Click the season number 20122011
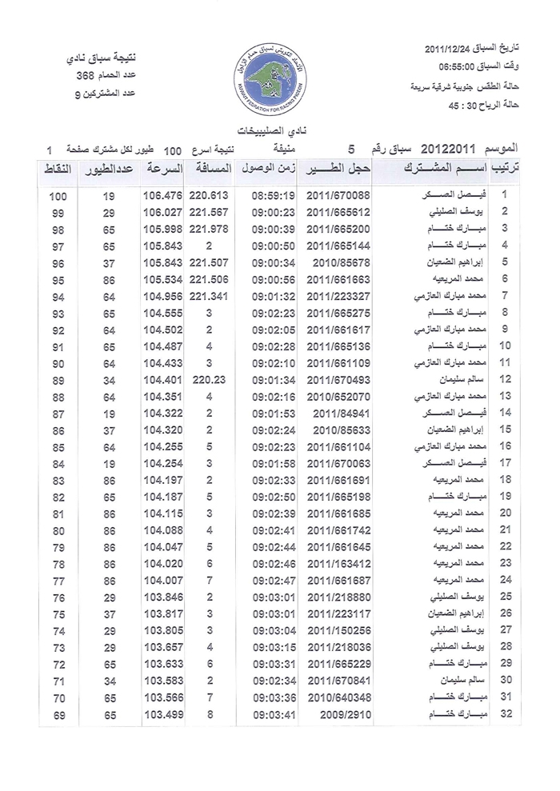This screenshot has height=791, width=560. click(454, 150)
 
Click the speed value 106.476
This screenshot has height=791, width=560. click(162, 195)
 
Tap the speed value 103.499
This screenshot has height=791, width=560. click(162, 714)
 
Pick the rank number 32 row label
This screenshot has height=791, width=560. click(505, 714)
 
